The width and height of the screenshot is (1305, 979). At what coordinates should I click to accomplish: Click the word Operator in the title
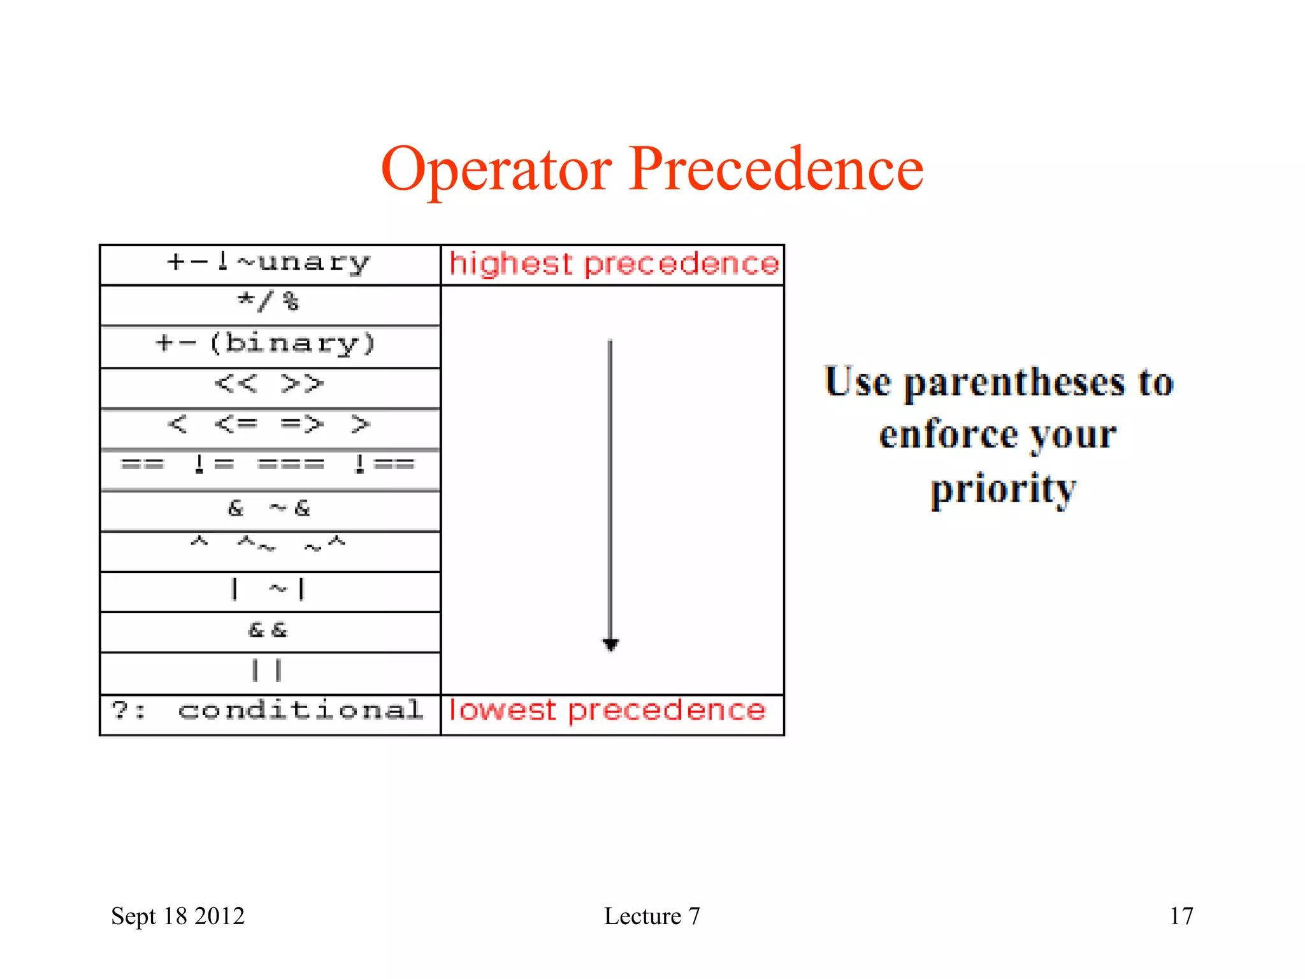(496, 170)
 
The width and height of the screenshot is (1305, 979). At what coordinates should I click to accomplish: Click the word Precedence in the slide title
(775, 168)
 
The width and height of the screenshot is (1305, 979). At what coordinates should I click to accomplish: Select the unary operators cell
(270, 263)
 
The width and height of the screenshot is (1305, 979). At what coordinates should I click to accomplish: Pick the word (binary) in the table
(293, 344)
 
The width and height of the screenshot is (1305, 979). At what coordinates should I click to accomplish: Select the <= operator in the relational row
(236, 424)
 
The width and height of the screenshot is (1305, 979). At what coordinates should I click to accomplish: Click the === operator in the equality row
(291, 464)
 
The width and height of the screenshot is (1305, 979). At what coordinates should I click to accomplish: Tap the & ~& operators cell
(269, 508)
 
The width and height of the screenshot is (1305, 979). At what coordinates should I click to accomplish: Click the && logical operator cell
(268, 630)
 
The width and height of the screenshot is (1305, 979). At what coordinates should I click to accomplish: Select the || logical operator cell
(267, 671)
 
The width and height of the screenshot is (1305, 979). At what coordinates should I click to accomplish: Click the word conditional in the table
(300, 711)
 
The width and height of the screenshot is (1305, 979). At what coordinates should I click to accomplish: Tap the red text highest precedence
(614, 264)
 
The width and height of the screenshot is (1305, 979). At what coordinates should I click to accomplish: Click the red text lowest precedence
(607, 711)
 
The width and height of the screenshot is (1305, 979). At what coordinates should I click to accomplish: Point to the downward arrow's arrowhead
(610, 644)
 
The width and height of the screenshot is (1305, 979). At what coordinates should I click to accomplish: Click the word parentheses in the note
(1014, 383)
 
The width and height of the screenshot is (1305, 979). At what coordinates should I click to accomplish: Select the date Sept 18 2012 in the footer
(178, 916)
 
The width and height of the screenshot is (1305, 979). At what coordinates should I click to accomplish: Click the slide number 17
(1181, 916)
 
